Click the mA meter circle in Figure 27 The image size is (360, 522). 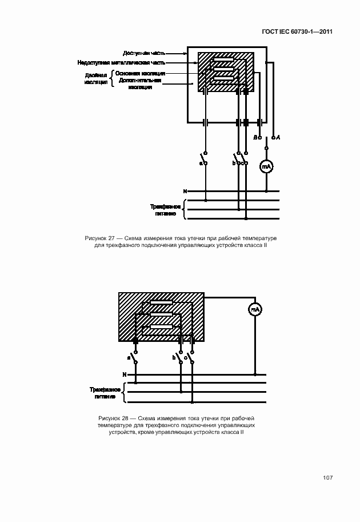(266, 166)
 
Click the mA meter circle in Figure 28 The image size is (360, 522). (255, 309)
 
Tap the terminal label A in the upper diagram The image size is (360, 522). (278, 137)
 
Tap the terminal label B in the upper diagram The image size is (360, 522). (255, 137)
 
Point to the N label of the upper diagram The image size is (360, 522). (185, 190)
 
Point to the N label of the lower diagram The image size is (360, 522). (124, 374)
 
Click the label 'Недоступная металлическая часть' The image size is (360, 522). (122, 62)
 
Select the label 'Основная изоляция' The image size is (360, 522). (140, 73)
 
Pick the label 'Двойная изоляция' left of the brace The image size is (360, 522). (96, 78)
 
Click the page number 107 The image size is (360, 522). (327, 478)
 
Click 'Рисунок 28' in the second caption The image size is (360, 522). (114, 419)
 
